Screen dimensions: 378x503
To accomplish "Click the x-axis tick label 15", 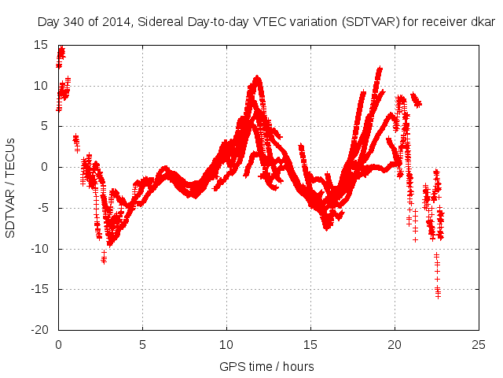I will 310,345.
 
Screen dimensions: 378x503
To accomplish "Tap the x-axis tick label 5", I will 142,345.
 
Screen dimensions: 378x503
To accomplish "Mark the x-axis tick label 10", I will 226,345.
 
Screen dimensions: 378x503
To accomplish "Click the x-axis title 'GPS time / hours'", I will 267,366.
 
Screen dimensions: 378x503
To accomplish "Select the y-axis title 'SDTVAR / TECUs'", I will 11,187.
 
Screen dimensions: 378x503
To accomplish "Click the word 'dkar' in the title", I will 483,23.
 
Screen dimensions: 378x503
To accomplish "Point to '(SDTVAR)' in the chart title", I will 369,23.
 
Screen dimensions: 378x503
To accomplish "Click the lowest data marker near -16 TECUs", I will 438,295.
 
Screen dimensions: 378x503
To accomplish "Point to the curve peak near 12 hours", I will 257,78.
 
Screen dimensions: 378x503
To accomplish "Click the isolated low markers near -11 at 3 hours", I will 104,259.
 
